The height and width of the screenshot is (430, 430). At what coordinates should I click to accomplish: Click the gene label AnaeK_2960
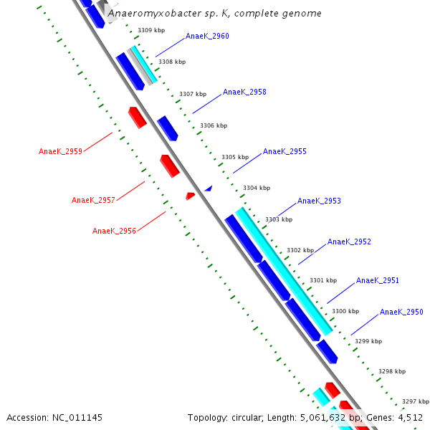207,36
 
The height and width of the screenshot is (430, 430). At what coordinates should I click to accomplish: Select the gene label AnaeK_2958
244,92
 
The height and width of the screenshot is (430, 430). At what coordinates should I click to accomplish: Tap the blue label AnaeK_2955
285,152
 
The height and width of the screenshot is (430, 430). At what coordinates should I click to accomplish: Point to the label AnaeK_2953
319,201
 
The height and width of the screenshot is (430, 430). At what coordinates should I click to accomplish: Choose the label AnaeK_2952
349,242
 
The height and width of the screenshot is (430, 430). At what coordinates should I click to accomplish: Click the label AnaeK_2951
378,281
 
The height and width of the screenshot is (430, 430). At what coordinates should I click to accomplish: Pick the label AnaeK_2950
401,312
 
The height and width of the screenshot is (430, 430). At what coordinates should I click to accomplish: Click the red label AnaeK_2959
60,152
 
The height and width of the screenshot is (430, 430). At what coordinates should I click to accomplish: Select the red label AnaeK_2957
93,201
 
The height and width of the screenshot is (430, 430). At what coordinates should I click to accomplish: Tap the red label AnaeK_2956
114,231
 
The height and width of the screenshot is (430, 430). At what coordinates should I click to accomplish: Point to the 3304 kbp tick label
257,188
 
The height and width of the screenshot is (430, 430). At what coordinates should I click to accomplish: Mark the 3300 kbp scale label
345,311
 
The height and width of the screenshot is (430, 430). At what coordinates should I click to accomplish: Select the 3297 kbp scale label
415,401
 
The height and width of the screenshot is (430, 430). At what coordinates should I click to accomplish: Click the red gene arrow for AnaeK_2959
137,117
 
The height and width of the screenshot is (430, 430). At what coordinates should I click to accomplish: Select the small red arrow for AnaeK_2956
190,196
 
